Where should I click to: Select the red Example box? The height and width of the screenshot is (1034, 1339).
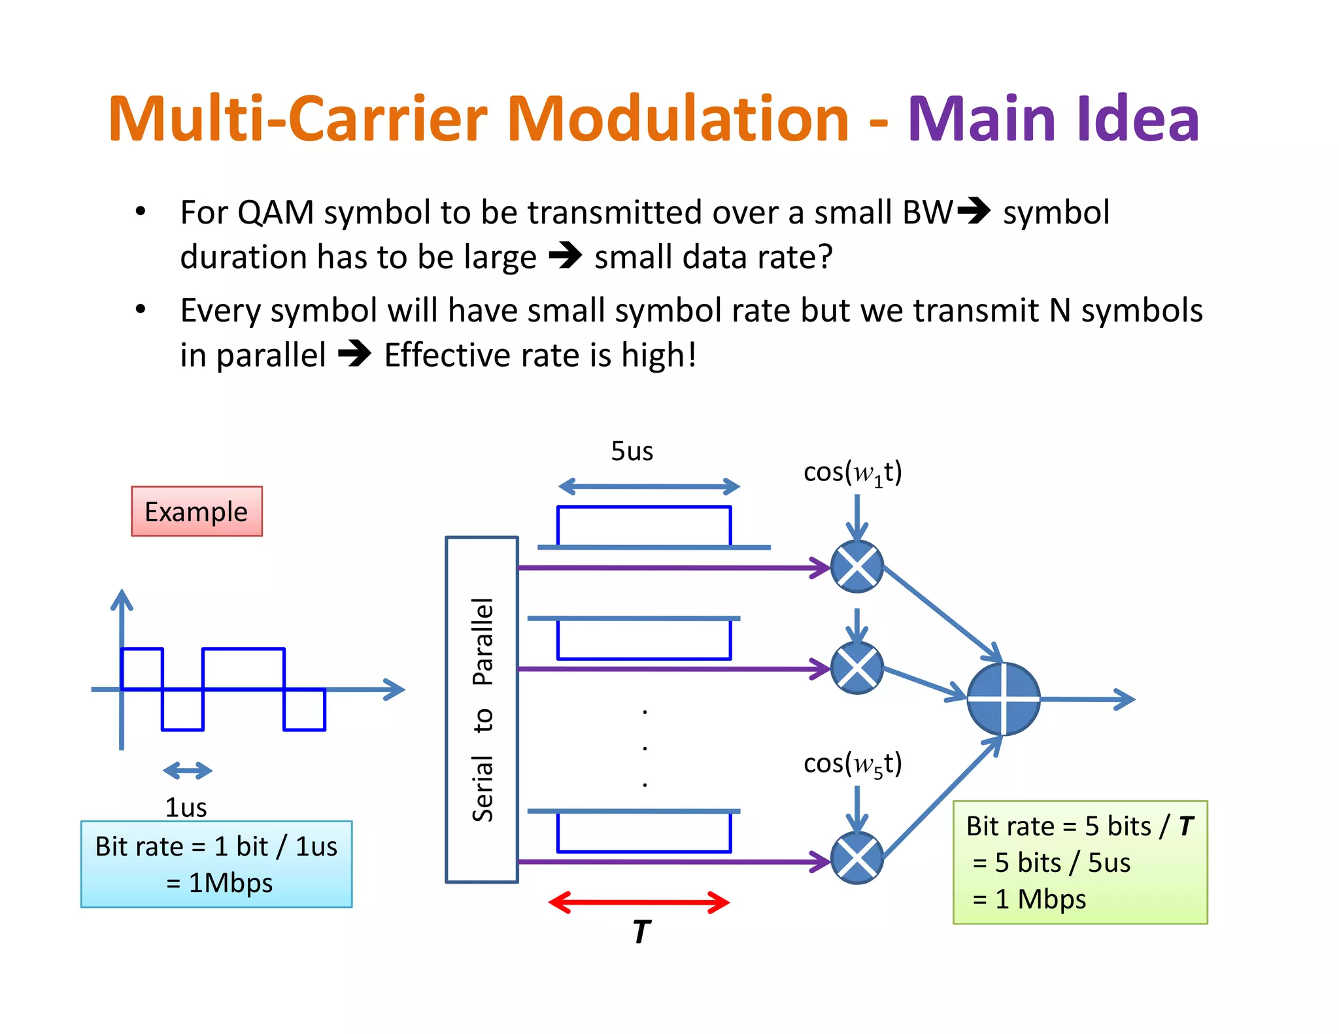pyautogui.click(x=197, y=511)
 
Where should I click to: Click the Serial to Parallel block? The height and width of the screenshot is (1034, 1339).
pyautogui.click(x=482, y=709)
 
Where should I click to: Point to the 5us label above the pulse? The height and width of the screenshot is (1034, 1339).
pyautogui.click(x=632, y=451)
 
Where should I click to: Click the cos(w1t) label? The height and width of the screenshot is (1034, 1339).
pyautogui.click(x=853, y=473)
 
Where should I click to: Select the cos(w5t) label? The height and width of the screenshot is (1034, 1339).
pyautogui.click(x=853, y=763)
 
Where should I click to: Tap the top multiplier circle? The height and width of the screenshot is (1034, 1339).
pyautogui.click(x=857, y=567)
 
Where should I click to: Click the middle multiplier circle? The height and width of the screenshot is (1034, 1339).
pyautogui.click(x=857, y=668)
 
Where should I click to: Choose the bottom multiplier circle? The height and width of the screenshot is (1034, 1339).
pyautogui.click(x=857, y=858)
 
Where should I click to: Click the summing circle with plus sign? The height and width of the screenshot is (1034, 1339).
pyautogui.click(x=1003, y=699)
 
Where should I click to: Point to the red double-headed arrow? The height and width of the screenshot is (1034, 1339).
pyautogui.click(x=639, y=903)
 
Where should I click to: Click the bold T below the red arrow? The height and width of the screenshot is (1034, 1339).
pyautogui.click(x=641, y=932)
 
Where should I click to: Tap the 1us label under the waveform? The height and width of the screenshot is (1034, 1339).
pyautogui.click(x=186, y=807)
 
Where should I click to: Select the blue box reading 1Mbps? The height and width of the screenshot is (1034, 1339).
pyautogui.click(x=216, y=864)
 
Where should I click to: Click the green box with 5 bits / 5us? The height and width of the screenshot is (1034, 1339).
pyautogui.click(x=1080, y=862)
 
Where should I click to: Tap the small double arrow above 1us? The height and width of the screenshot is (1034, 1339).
pyautogui.click(x=188, y=771)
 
